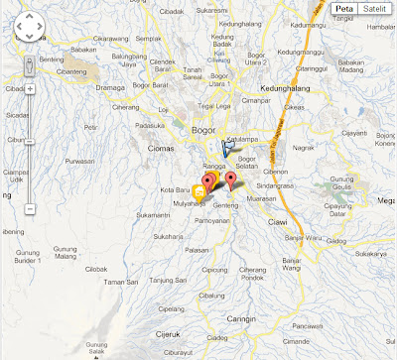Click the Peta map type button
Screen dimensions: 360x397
(343, 9)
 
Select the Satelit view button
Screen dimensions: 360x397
(374, 9)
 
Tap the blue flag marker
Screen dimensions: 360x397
(229, 149)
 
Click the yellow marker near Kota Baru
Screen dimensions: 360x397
(199, 188)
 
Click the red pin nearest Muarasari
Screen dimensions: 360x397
(231, 180)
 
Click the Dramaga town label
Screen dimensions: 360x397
(110, 87)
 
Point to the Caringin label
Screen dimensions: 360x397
(241, 319)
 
